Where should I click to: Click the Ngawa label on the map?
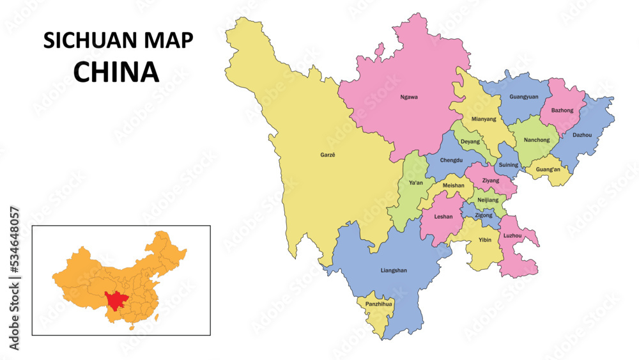(x=408, y=97)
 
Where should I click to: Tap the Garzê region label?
(x=327, y=154)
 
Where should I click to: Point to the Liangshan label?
(x=393, y=270)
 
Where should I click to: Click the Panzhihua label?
(x=378, y=304)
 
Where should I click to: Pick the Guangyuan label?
(x=523, y=97)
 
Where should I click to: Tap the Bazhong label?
(x=562, y=111)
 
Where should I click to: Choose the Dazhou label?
(x=581, y=135)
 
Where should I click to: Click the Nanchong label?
(x=536, y=140)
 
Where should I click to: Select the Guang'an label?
(x=548, y=169)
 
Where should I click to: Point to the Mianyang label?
(x=483, y=119)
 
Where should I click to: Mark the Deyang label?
(x=470, y=141)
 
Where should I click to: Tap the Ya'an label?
(x=415, y=183)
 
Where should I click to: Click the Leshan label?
(x=443, y=217)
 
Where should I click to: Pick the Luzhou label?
(x=512, y=236)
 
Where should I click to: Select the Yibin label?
(x=485, y=240)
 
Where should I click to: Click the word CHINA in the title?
(x=116, y=72)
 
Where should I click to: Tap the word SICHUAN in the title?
(x=88, y=40)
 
